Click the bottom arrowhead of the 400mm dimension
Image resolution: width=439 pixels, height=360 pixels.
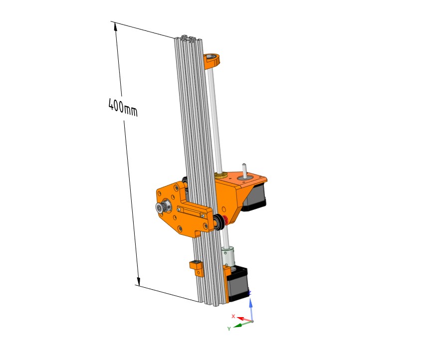[138, 281]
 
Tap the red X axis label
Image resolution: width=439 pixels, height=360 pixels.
[233, 316]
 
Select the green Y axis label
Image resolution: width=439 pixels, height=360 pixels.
[229, 329]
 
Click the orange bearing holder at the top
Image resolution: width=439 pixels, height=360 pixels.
[212, 61]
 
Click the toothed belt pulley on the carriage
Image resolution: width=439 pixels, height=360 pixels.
[163, 207]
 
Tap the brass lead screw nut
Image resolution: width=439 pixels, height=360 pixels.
[221, 176]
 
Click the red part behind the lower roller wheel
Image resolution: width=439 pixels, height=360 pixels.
[226, 220]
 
